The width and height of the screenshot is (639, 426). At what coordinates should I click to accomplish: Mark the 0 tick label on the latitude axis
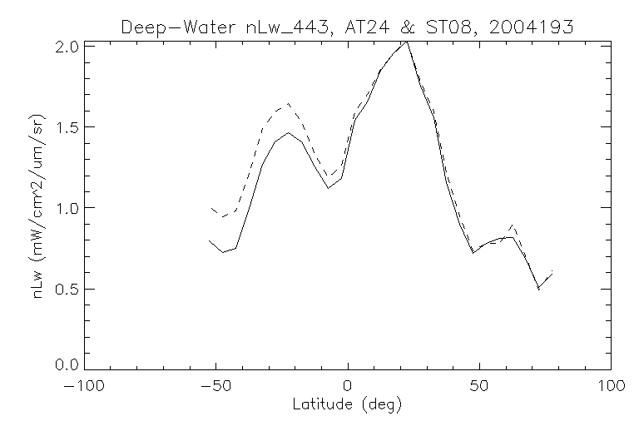pos(348,387)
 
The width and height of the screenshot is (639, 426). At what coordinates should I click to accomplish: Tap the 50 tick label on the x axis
pos(479,387)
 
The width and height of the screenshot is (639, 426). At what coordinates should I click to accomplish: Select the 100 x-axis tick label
pos(611,387)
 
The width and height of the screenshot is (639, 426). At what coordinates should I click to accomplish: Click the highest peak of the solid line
pos(406,42)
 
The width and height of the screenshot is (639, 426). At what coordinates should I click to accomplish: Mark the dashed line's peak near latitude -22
pos(288,104)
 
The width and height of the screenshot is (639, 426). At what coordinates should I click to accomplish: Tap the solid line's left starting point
pos(210,240)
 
